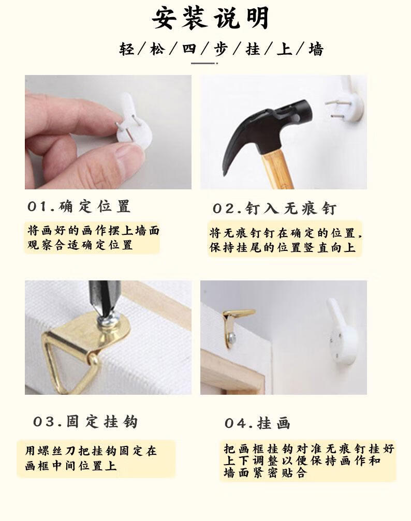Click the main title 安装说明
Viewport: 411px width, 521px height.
[210, 18]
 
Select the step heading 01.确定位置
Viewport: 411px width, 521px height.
[79, 206]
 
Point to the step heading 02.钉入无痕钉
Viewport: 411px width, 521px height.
[275, 209]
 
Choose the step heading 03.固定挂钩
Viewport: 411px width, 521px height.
[85, 422]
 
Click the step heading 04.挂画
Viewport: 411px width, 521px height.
[257, 423]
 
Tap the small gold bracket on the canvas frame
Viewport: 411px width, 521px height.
[234, 325]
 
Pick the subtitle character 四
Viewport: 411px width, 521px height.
[189, 49]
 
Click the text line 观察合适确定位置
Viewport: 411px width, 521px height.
[80, 245]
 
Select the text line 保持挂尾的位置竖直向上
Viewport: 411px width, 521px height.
[283, 247]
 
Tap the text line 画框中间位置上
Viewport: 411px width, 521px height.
[71, 466]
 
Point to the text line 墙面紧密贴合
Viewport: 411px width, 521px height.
[265, 472]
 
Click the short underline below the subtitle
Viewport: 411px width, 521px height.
[204, 63]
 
